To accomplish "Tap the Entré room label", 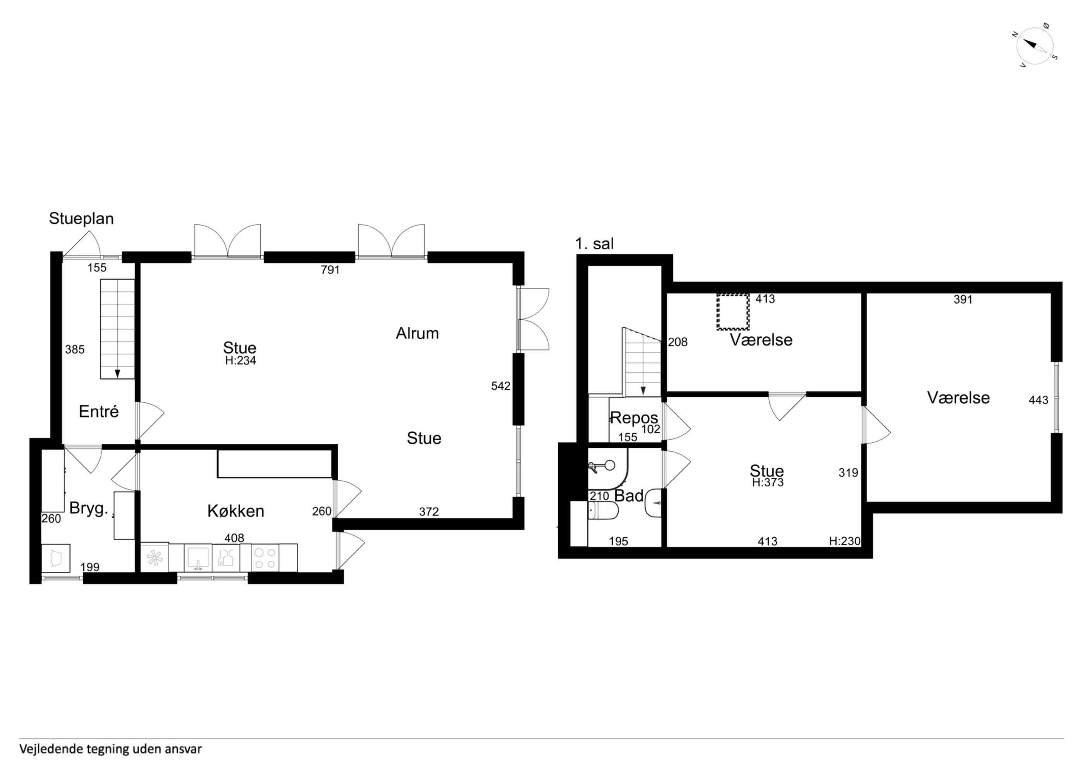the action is [x=98, y=411].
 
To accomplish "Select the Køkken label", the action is [x=236, y=511].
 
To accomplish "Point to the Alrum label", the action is [x=417, y=333].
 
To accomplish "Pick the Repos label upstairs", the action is [x=634, y=418].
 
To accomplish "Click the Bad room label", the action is [x=629, y=496].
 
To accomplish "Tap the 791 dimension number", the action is [x=330, y=270].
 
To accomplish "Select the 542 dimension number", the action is [x=501, y=386].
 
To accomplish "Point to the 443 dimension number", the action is [x=1038, y=401].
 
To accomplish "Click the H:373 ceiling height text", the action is [x=768, y=482].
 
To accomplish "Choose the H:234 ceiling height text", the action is [x=241, y=361].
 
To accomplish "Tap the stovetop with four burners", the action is [x=265, y=558].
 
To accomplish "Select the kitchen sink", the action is [x=198, y=558].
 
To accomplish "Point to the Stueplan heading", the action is [x=81, y=219].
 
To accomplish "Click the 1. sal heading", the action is [x=595, y=244].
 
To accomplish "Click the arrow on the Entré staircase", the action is [x=117, y=374].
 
